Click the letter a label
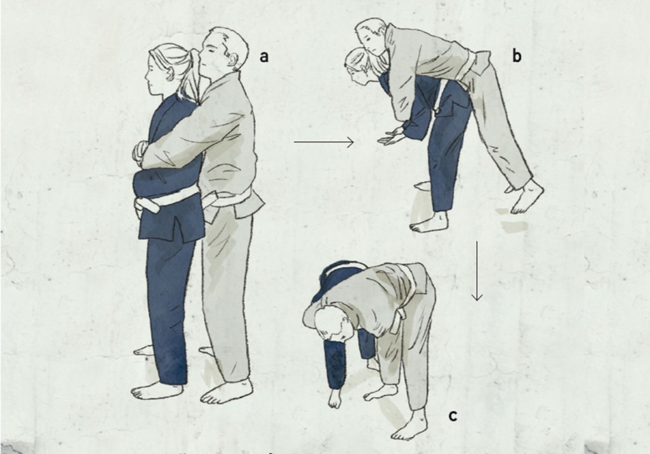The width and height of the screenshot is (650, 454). pos(263,56)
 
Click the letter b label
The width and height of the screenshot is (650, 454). pos(517,55)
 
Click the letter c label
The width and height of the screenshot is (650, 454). pos(453,415)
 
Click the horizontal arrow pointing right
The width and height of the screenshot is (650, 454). pos(324,142)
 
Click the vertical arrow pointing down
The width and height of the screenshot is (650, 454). pos(477,271)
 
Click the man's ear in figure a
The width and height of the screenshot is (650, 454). pos(235,61)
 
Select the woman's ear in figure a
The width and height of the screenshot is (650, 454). pos(169,74)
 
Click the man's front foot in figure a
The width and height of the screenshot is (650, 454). pos(226,391)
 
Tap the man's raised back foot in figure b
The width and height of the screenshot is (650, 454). pos(524,197)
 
